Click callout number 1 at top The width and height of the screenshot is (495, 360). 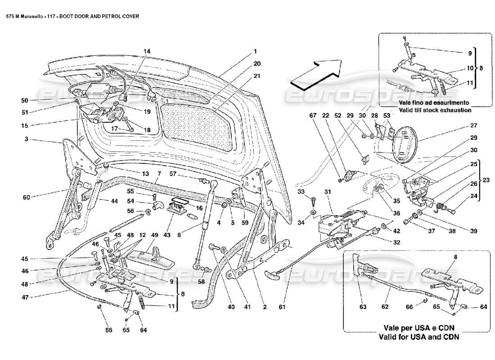[x=254, y=51]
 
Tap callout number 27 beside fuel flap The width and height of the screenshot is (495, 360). [x=460, y=126]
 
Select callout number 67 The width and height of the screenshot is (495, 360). [x=313, y=116]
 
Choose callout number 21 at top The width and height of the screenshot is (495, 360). [x=257, y=76]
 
